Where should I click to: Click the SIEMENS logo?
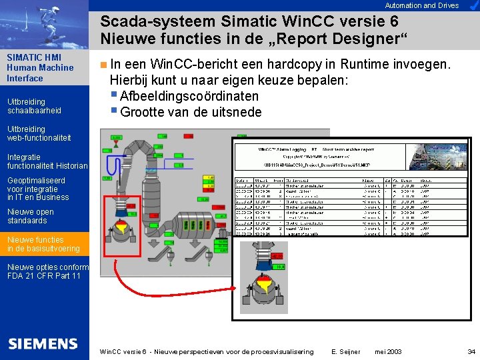pyautogui.click(x=43, y=344)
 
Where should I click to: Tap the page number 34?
pyautogui.click(x=471, y=351)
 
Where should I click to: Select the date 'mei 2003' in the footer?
pyautogui.click(x=389, y=351)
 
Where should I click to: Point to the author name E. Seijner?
pyautogui.click(x=346, y=351)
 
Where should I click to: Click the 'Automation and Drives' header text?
pyautogui.click(x=422, y=5)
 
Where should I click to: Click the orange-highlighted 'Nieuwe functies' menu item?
pyautogui.click(x=43, y=244)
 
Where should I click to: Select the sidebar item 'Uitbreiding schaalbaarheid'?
pyautogui.click(x=34, y=106)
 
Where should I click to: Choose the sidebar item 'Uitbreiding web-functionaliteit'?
pyautogui.click(x=39, y=133)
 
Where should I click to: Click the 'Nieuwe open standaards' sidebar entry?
pyautogui.click(x=31, y=216)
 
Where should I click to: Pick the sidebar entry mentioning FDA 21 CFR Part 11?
pyautogui.click(x=43, y=271)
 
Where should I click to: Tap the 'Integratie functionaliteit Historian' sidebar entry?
pyautogui.click(x=47, y=161)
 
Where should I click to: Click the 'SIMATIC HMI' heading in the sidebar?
pyautogui.click(x=34, y=57)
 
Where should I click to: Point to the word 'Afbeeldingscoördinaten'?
pyautogui.click(x=189, y=96)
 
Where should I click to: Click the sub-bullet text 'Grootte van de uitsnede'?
pyautogui.click(x=191, y=112)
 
